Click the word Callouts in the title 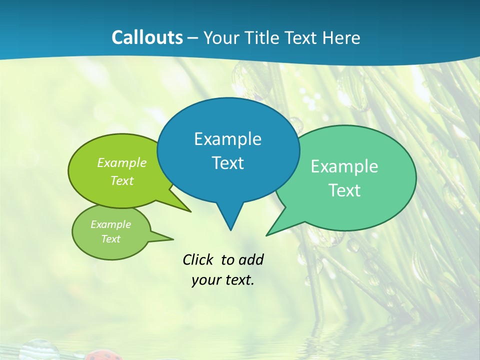[x=147, y=37]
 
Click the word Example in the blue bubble [x=227, y=139]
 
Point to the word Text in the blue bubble [x=227, y=163]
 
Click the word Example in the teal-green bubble [x=344, y=166]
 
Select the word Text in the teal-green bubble [x=344, y=190]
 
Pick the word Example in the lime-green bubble [x=122, y=163]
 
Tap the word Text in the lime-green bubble [x=122, y=181]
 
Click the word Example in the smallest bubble [x=110, y=224]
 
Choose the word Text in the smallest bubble [x=110, y=239]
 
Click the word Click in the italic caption [x=198, y=259]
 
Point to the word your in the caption [x=206, y=280]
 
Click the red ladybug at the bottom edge [x=103, y=356]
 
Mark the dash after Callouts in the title [x=193, y=38]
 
